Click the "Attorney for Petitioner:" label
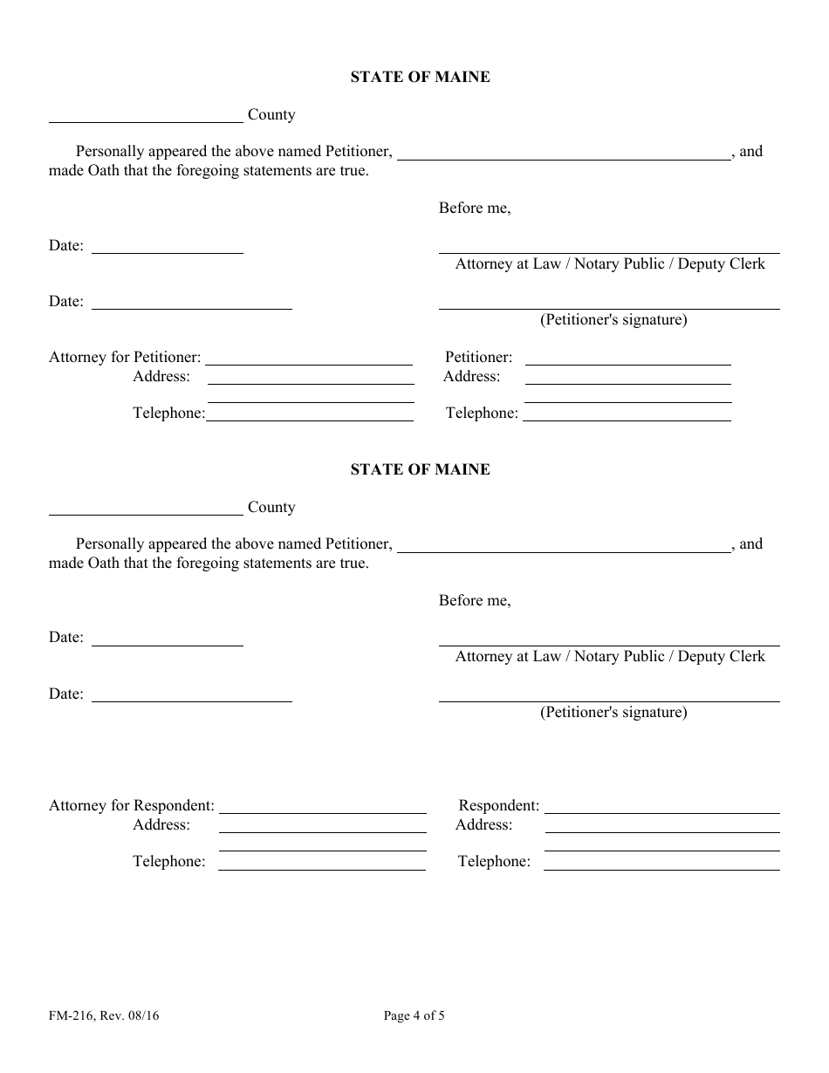pos(125,358)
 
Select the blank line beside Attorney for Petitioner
pos(309,361)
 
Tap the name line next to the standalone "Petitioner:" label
pos(627,361)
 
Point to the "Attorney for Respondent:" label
pos(132,806)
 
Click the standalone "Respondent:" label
pos(499,806)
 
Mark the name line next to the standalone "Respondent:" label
pos(661,810)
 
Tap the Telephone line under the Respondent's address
pos(661,865)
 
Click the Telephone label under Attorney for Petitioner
pos(168,413)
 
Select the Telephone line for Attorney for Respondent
pos(321,865)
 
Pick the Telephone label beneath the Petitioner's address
pos(482,413)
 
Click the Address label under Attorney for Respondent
pos(161,825)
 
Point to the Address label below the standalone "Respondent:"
pos(484,825)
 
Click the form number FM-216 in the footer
pos(72,1015)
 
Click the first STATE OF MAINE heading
pos(420,77)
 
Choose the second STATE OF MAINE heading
pos(420,469)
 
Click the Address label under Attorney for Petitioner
pos(161,377)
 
